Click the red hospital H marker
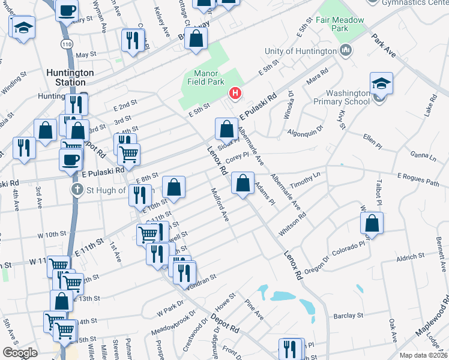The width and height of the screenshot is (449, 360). (x=235, y=93)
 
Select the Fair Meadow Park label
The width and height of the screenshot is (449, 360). (x=340, y=24)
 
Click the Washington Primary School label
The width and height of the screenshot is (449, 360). (x=348, y=97)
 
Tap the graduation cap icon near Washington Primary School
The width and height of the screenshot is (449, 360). (x=381, y=83)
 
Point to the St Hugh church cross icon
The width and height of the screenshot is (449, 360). (x=77, y=190)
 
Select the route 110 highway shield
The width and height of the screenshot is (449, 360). (x=66, y=45)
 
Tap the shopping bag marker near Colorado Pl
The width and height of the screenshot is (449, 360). (x=372, y=223)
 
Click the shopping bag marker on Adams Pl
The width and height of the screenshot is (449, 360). (x=242, y=183)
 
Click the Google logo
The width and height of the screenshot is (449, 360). (x=20, y=353)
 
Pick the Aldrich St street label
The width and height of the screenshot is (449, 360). (x=411, y=256)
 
